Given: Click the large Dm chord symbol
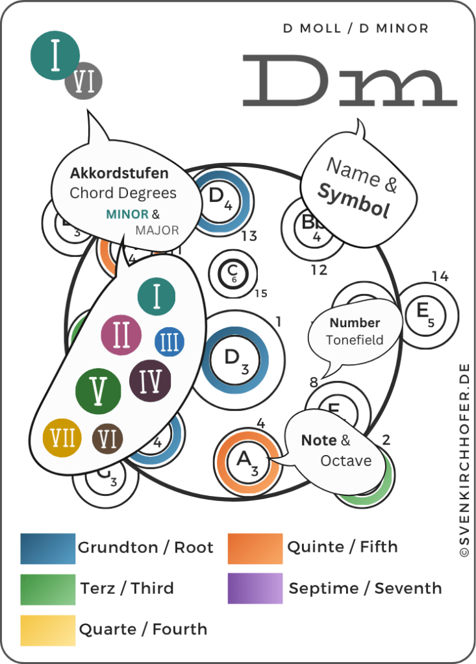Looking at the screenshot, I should point(349,80).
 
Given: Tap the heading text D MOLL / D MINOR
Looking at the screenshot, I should point(355,29).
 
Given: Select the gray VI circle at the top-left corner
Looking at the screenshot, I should point(84,82).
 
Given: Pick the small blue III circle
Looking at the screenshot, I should point(169,341).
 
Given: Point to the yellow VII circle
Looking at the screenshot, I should point(63,439).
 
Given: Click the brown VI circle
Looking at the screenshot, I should point(108,439).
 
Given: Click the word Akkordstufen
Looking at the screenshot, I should point(119,173).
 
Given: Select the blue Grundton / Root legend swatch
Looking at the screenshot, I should point(48,548).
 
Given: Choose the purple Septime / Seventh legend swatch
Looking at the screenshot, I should point(255,589).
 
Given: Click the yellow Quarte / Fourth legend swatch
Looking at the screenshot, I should point(48,630).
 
